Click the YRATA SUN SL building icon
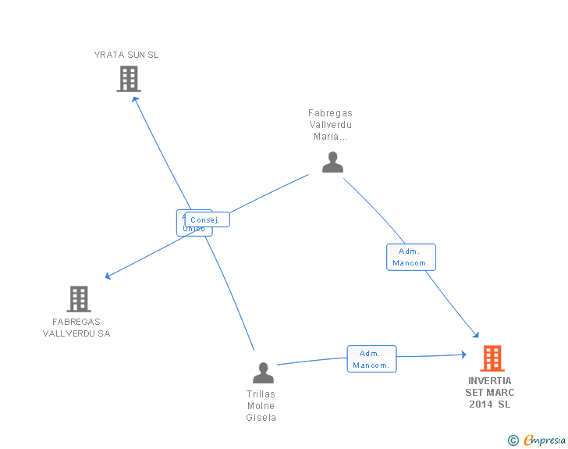pos(129,79)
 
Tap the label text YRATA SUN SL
pos(126,55)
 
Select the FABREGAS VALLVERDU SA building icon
pos(79,298)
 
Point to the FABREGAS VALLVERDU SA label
pos(76,327)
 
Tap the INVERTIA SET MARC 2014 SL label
pos(490,392)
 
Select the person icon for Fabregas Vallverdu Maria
pos(332,162)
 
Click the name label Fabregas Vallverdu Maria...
pos(330,124)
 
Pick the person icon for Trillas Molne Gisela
pos(263,372)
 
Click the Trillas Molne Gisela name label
pos(261,405)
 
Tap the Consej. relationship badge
pos(207,220)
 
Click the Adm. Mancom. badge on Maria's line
pos(410,257)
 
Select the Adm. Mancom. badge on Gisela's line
pos(371,359)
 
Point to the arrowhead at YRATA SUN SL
pos(135,99)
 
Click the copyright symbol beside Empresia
pos(513,441)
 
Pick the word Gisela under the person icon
pos(261,417)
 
